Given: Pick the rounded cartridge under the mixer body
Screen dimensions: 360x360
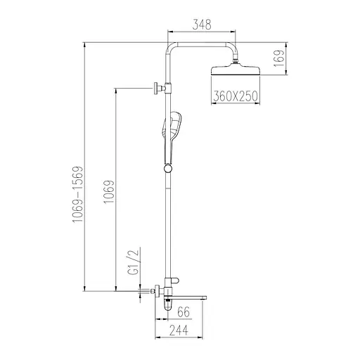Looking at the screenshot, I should click(x=169, y=304).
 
